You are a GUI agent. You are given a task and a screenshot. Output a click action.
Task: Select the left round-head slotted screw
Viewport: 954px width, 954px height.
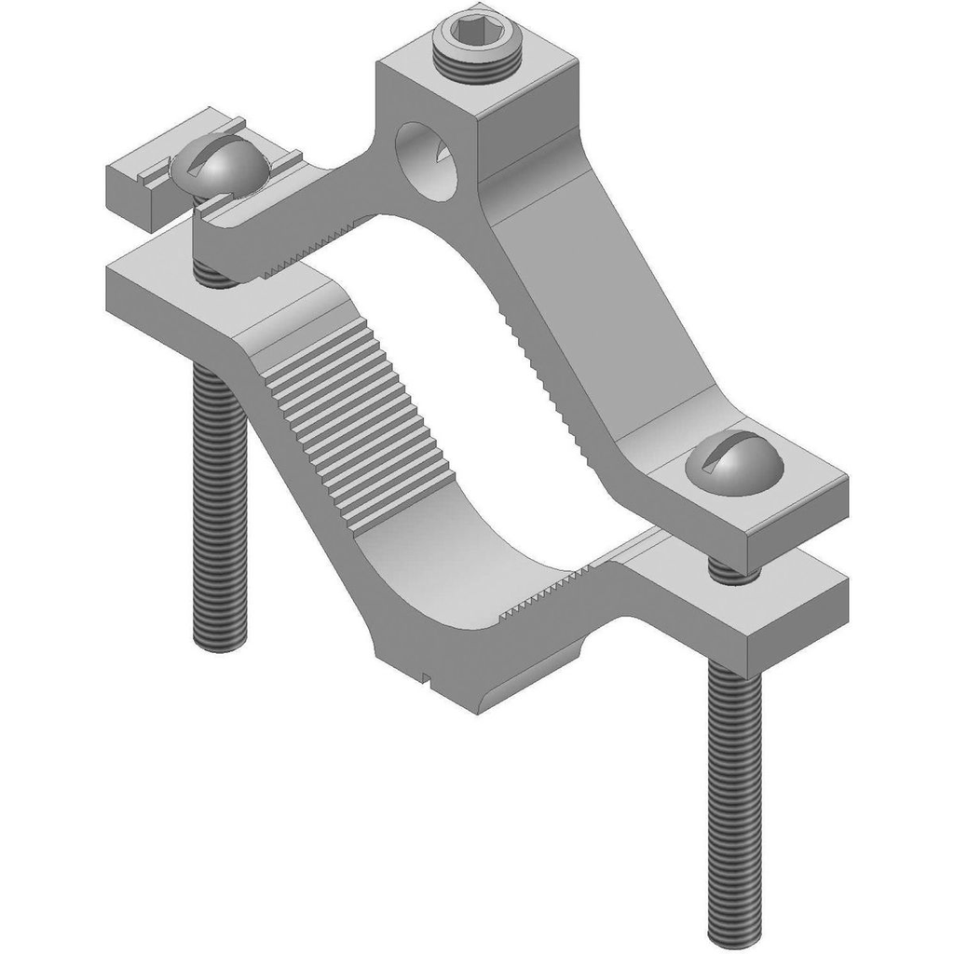click(219, 168)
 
